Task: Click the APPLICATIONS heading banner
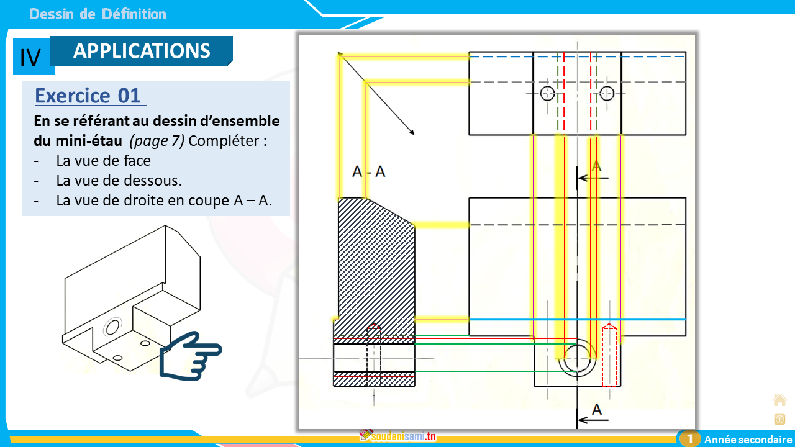point(142,51)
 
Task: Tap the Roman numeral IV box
point(30,57)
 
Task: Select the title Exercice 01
point(88,96)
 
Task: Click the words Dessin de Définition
point(98,14)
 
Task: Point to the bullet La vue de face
point(103,161)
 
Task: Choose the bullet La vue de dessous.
point(118,181)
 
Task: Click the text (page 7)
point(157,140)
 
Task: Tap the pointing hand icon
point(190,354)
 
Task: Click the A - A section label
point(368,172)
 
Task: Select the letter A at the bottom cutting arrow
point(597,410)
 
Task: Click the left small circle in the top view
point(547,93)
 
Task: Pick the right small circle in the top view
point(607,93)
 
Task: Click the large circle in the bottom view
point(577,358)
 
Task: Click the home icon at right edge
point(779,399)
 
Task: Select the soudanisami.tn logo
point(397,436)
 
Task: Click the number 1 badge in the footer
point(689,439)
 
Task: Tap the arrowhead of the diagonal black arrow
point(412,133)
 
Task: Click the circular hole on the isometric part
point(112,326)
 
